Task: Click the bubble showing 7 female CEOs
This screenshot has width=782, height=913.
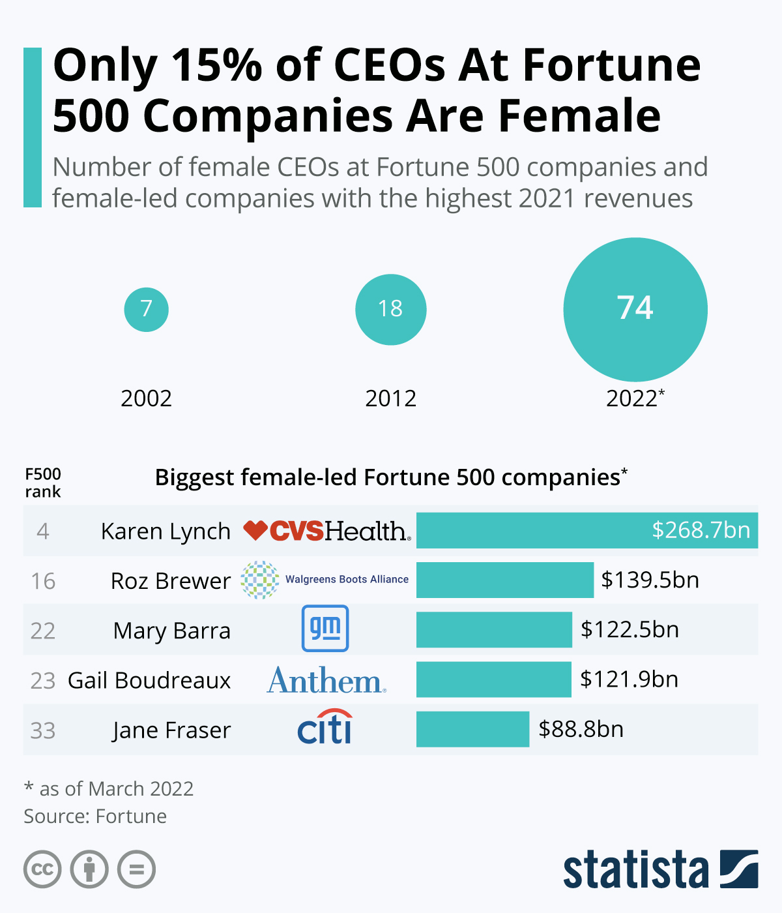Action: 147,309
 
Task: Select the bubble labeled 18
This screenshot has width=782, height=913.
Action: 390,309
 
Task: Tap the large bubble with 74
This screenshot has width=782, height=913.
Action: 635,309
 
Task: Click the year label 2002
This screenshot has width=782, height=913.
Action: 147,398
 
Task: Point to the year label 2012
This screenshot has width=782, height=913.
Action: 390,398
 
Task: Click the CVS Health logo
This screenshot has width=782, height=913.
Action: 327,531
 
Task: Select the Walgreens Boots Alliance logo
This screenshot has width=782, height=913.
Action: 325,580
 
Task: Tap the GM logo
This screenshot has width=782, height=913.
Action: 325,629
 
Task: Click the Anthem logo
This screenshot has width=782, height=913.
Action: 326,680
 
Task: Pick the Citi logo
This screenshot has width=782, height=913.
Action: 325,727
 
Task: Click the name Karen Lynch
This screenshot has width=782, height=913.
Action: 166,531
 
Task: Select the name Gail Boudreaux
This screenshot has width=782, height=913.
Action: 149,680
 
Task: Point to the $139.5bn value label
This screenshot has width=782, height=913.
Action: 650,580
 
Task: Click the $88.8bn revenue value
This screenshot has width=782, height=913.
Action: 581,729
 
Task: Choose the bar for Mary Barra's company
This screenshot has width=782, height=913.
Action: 494,630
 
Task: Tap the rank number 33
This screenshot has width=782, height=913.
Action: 43,730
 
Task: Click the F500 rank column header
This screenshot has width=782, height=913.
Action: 43,483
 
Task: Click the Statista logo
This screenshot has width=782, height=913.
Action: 660,869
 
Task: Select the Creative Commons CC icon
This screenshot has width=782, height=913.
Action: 42,869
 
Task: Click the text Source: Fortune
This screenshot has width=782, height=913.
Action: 95,816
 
